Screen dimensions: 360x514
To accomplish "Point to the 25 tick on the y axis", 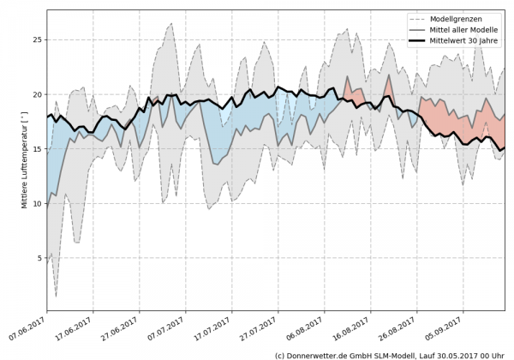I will [x=37, y=39].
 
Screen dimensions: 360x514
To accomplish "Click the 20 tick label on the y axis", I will [x=37, y=94].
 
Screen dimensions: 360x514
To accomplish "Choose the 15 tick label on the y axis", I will [x=37, y=149].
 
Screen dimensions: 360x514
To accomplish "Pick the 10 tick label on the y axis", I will [x=37, y=204].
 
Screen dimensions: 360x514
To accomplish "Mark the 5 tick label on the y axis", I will [x=39, y=258].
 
